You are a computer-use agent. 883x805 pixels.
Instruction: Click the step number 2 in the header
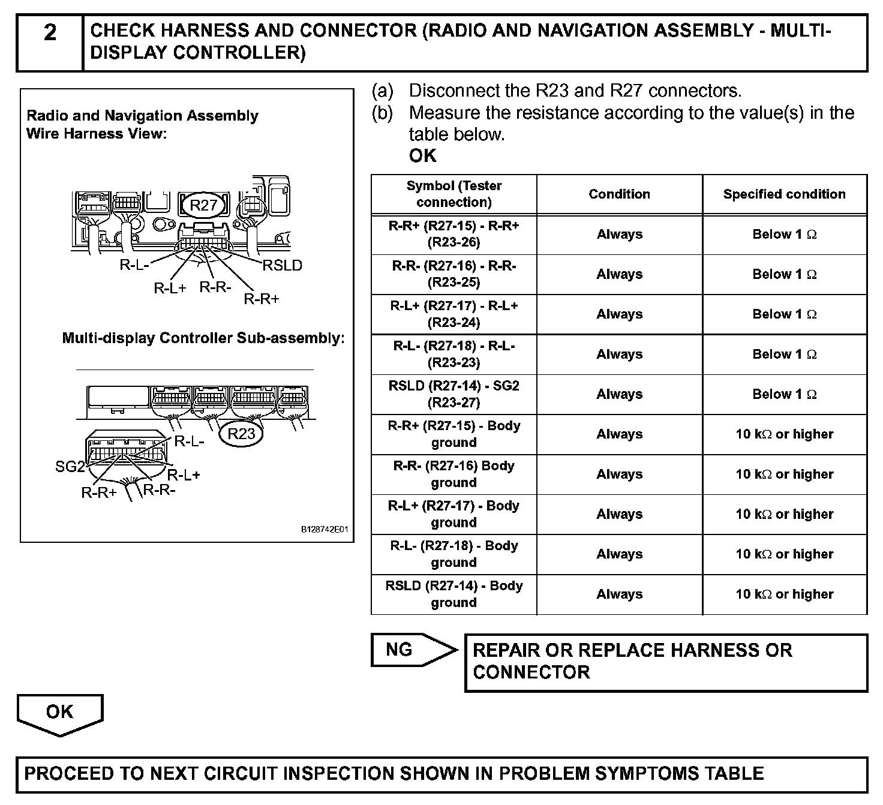point(50,32)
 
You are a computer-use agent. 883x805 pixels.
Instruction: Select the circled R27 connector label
point(203,205)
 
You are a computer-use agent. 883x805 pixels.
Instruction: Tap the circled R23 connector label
point(241,433)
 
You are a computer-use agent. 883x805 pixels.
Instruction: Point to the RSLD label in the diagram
point(282,265)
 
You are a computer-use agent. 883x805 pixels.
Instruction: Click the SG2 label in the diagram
point(70,466)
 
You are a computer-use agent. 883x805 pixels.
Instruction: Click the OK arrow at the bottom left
point(60,714)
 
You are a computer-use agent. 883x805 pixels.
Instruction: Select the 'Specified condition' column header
point(784,194)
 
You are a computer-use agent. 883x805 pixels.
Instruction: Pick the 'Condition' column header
point(619,194)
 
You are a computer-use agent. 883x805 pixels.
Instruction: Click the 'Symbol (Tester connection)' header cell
point(454,194)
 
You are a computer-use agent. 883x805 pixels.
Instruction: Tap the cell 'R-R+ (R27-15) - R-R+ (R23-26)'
point(454,235)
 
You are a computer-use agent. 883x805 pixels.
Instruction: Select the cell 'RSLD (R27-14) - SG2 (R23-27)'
point(454,394)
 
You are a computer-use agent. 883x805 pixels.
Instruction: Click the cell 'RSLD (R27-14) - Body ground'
point(454,594)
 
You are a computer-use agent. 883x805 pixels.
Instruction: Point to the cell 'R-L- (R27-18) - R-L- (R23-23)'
point(454,355)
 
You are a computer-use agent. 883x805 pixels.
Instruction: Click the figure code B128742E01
point(324,530)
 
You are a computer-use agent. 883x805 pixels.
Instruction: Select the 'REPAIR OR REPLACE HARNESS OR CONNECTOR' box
point(666,662)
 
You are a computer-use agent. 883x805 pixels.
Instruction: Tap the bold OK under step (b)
point(423,156)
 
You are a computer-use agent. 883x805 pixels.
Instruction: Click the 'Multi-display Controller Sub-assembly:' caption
point(203,338)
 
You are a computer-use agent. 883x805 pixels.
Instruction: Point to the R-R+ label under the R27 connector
point(262,299)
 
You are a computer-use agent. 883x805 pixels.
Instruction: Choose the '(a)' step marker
point(383,91)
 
